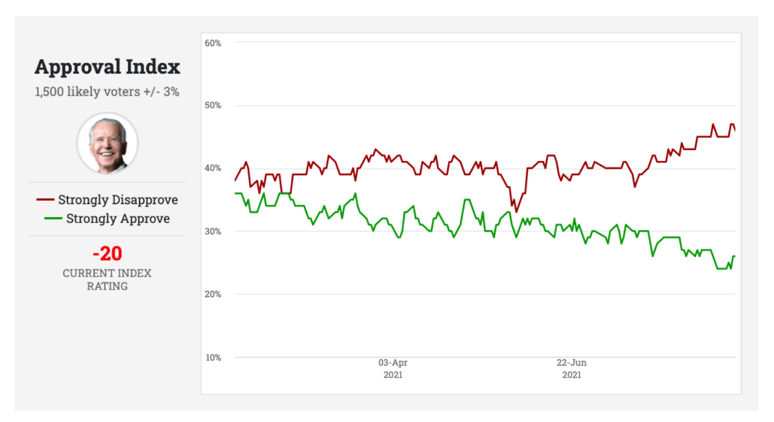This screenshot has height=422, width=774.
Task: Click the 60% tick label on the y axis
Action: [x=213, y=43]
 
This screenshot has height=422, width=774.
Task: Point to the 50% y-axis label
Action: [x=213, y=105]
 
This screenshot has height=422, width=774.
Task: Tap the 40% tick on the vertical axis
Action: [x=213, y=168]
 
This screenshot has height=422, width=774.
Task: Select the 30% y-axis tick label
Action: [x=213, y=231]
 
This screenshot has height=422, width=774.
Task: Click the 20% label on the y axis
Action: [x=213, y=294]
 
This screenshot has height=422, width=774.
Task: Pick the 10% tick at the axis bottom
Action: [x=213, y=358]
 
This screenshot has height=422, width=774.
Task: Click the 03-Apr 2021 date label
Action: [x=393, y=369]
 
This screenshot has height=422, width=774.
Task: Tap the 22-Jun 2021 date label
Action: [x=572, y=369]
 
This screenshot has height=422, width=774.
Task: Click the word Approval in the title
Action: [x=78, y=67]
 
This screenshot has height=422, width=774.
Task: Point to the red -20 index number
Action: [x=108, y=254]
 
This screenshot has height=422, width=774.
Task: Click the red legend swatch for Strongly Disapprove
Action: [x=45, y=200]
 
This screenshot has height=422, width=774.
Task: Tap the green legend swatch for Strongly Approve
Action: [x=53, y=218]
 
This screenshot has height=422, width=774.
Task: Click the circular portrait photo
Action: [x=108, y=143]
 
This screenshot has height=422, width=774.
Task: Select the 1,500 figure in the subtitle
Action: [x=49, y=92]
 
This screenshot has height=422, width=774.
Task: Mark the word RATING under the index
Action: [x=107, y=286]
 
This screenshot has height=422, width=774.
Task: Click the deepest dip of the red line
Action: [x=516, y=212]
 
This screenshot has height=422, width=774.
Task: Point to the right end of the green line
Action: [x=735, y=256]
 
